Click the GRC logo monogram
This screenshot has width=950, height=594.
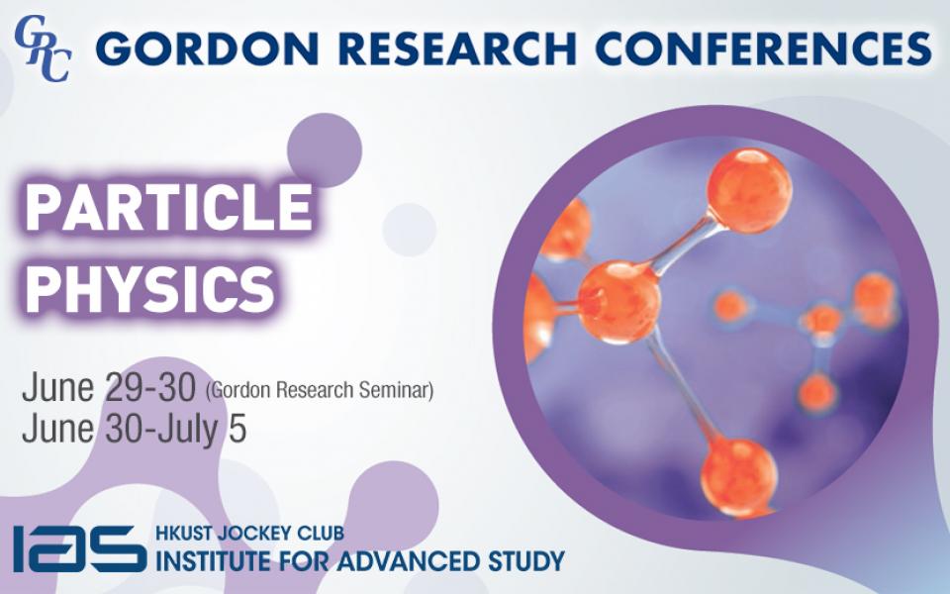[42, 47]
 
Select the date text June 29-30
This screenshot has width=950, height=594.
[111, 389]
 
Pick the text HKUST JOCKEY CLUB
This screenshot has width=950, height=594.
[249, 534]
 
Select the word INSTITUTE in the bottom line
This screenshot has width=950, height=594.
[217, 560]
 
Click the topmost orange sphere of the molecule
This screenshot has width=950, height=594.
[749, 191]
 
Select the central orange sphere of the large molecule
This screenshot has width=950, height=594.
[618, 300]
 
